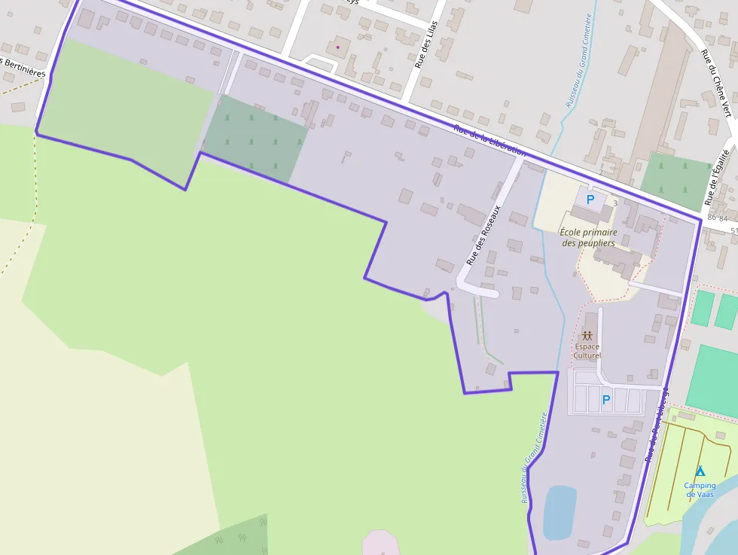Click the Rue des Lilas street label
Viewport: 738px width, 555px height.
pyautogui.click(x=427, y=46)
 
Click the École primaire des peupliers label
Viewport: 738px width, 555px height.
pyautogui.click(x=588, y=237)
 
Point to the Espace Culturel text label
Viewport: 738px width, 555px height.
pyautogui.click(x=587, y=351)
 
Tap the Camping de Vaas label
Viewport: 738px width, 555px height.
pyautogui.click(x=700, y=489)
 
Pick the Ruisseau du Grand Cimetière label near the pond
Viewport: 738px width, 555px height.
pyautogui.click(x=532, y=457)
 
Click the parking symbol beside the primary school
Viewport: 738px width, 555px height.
pyautogui.click(x=591, y=200)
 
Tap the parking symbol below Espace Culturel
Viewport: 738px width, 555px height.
pyautogui.click(x=606, y=400)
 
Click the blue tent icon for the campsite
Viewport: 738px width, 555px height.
pyautogui.click(x=700, y=471)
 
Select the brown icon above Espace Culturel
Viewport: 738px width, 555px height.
pyautogui.click(x=587, y=335)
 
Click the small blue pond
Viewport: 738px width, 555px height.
pyautogui.click(x=560, y=511)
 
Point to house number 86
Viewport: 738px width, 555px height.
pyautogui.click(x=712, y=217)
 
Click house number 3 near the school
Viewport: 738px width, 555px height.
pyautogui.click(x=615, y=203)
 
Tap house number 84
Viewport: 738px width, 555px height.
pyautogui.click(x=724, y=218)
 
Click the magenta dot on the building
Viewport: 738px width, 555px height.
pyautogui.click(x=338, y=47)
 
